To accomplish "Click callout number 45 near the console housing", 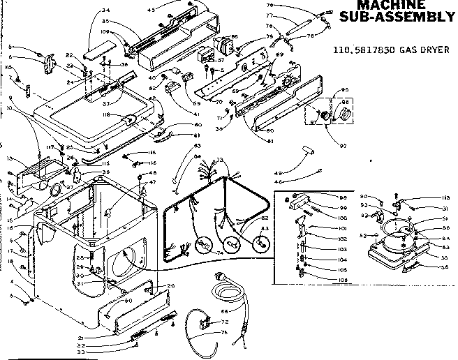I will click(152, 10).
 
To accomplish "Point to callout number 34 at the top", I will click(106, 10).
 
